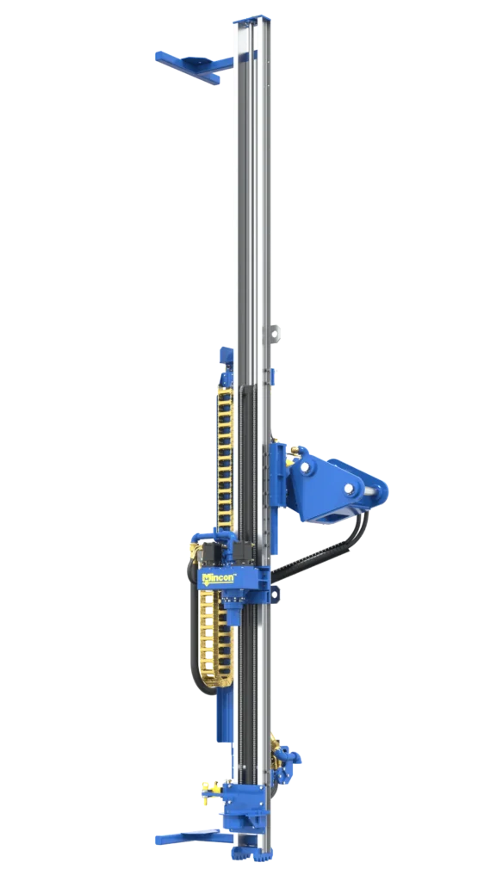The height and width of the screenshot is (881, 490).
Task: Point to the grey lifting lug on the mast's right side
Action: [x=274, y=333]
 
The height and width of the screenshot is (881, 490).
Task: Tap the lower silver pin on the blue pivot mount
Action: [x=350, y=490]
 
